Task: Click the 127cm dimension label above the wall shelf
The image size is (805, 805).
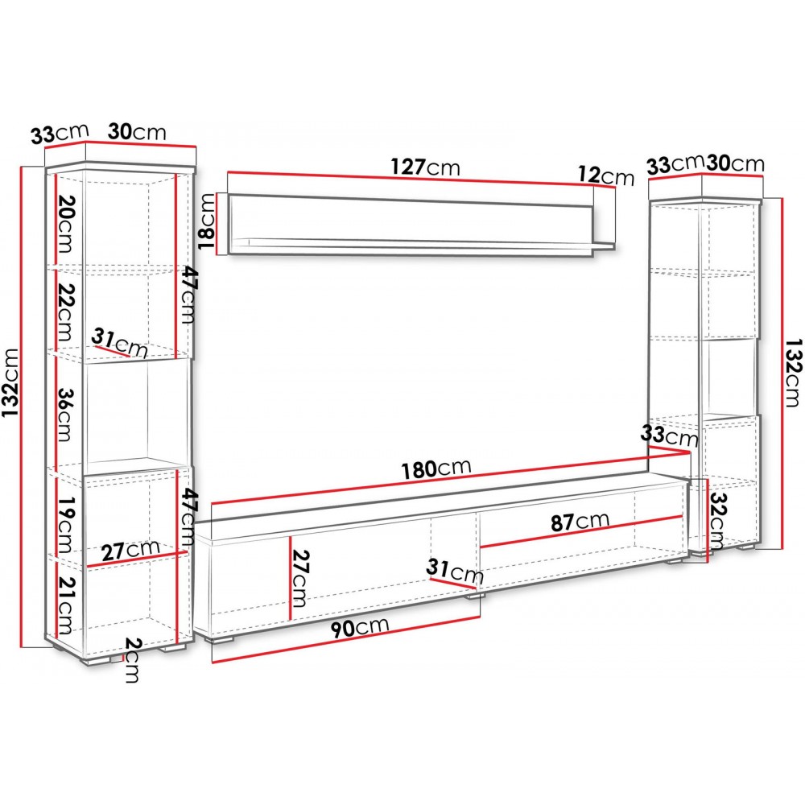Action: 425,167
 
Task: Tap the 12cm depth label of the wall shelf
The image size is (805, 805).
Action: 606,175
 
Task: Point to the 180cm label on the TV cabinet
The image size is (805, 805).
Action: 436,469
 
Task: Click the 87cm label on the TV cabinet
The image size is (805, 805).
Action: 580,522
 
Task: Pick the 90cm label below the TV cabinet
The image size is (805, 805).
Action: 359,628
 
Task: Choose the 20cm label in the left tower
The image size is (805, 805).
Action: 64,224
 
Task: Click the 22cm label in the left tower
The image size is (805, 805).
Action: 65,312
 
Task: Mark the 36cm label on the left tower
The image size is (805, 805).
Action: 65,415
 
